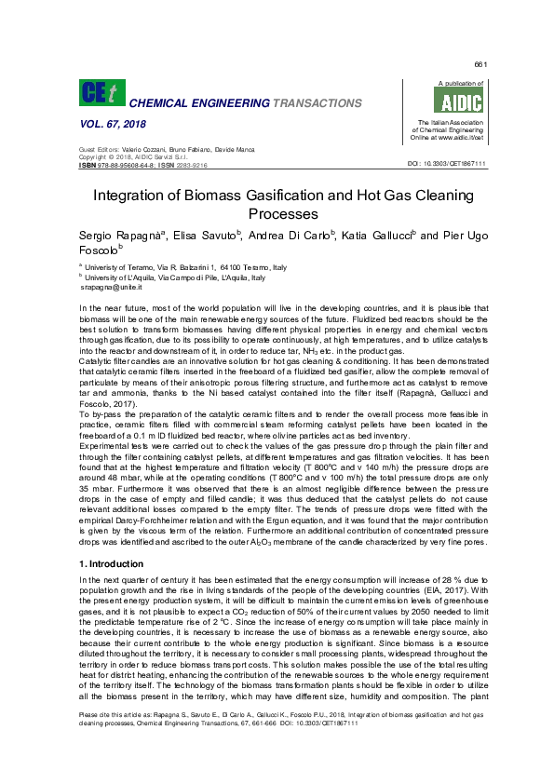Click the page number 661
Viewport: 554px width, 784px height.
[480, 64]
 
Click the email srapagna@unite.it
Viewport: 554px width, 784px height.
[112, 289]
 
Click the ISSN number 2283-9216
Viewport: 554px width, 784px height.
[188, 165]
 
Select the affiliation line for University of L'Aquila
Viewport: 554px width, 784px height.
[176, 277]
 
